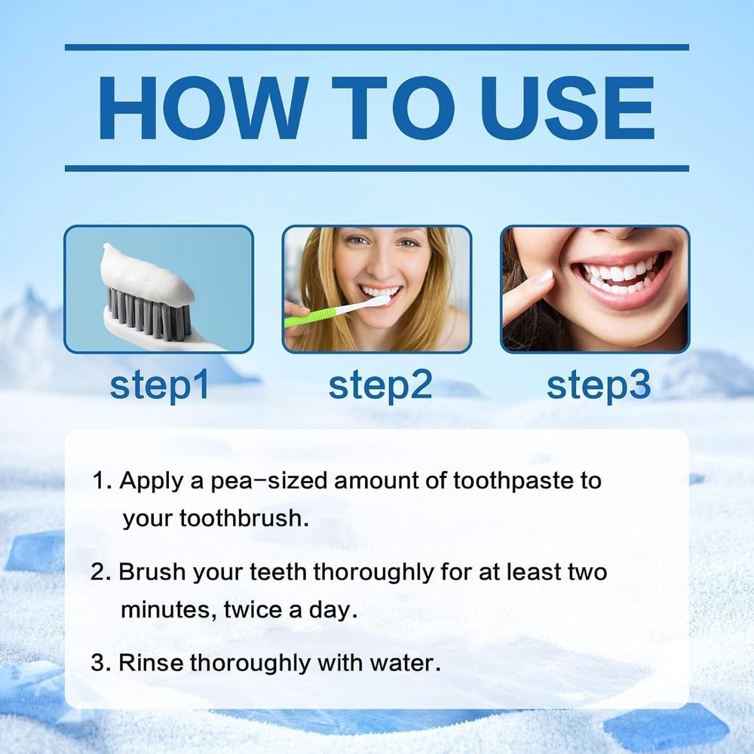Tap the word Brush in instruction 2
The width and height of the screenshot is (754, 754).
[x=153, y=572]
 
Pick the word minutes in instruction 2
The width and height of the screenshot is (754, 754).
[x=167, y=610]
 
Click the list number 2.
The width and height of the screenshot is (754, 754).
[x=100, y=572]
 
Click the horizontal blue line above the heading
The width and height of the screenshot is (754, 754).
[x=377, y=48]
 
